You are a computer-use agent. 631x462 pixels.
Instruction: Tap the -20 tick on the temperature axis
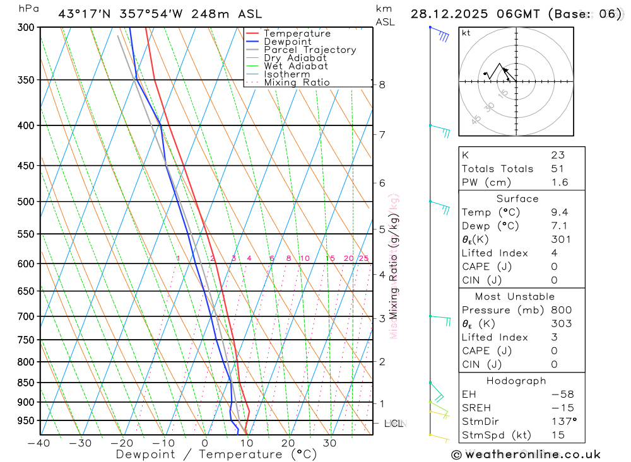tap(122, 443)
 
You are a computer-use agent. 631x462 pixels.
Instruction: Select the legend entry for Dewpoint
tap(288, 42)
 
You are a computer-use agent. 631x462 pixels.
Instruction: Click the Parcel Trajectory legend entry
tap(310, 50)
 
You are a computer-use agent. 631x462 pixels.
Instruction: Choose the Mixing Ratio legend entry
tap(297, 82)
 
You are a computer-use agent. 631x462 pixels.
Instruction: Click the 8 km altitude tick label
tap(382, 84)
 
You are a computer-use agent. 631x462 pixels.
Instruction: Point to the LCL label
tap(394, 424)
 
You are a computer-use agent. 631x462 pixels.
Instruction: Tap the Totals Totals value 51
tap(557, 169)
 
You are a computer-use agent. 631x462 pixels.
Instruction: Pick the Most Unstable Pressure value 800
tap(561, 310)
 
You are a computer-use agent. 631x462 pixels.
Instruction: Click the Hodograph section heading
tap(516, 381)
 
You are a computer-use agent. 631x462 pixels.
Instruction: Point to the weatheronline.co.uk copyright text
tap(526, 454)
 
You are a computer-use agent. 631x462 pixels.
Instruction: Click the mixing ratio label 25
tap(363, 258)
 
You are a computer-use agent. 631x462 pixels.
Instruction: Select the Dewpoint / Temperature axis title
tap(216, 454)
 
